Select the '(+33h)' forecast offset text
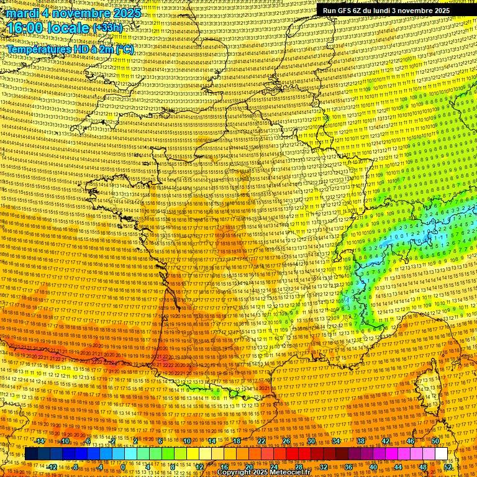[x=108, y=28]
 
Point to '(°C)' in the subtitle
[x=123, y=49]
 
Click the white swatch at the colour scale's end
[x=441, y=454]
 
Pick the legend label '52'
[x=448, y=467]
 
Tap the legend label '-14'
[x=40, y=441]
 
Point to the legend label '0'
[x=123, y=467]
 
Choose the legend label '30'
[x=311, y=441]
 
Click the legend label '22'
[x=261, y=441]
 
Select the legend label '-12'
[x=52, y=467]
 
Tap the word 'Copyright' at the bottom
[x=234, y=473]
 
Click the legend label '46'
[x=411, y=441]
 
